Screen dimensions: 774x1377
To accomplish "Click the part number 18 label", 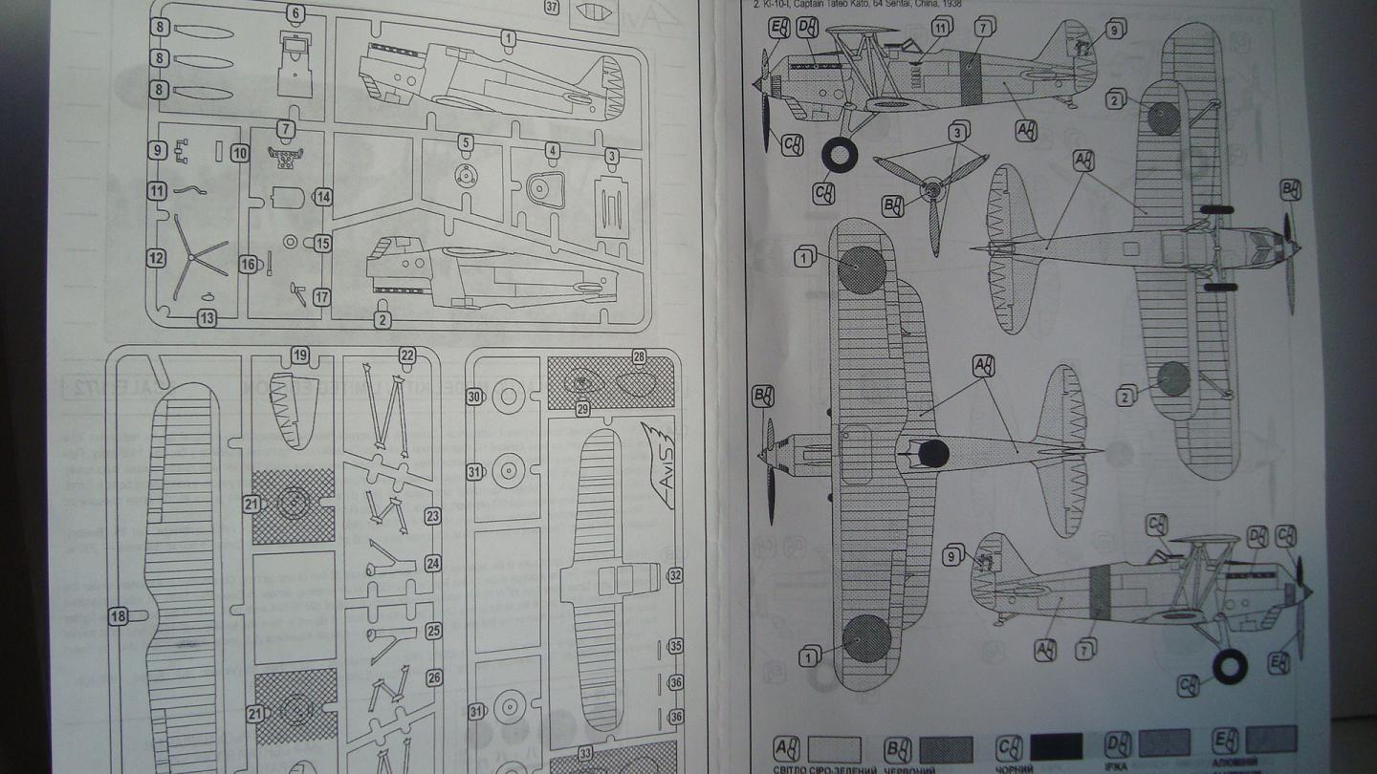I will point(119,617).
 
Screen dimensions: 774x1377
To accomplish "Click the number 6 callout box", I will point(295,13).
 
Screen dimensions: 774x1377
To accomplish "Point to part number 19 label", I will point(300,355).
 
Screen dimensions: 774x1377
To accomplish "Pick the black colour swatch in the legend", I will point(1056,746).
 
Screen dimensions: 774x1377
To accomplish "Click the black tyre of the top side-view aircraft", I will point(840,154).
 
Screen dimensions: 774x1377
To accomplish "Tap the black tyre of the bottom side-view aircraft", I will point(1229,666).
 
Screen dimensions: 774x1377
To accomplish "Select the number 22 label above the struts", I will point(407,355).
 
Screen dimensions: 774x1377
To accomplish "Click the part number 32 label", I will point(675,576).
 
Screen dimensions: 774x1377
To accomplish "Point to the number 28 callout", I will point(639,356).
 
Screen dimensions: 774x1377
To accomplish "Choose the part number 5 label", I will point(466,142).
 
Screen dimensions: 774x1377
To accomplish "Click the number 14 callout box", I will point(322,197).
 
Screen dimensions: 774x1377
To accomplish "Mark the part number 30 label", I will point(475,397).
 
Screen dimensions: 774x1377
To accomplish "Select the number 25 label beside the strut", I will point(433,632).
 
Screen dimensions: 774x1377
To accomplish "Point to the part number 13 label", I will point(207,319).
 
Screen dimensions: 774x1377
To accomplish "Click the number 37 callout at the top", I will point(552,8).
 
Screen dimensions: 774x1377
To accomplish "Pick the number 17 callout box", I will point(321,297).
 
